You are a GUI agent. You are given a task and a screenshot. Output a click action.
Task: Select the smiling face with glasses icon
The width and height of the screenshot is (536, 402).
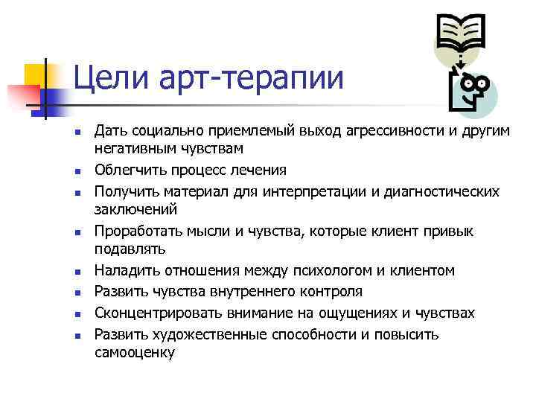coord(472,91)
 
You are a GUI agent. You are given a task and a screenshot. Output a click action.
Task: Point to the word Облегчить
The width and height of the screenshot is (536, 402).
coord(129,170)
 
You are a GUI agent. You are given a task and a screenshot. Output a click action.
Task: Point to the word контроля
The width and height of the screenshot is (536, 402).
coord(327,291)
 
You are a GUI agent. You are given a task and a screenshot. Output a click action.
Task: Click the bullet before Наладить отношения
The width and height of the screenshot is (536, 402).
coord(77,272)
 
